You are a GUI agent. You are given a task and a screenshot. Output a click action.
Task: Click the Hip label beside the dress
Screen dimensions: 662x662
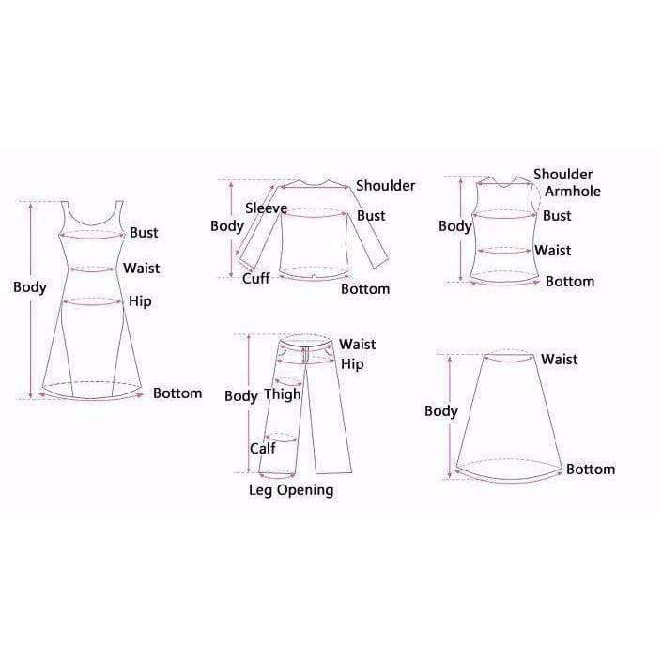point(140,302)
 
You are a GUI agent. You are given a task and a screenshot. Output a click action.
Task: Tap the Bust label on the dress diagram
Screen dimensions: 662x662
point(144,233)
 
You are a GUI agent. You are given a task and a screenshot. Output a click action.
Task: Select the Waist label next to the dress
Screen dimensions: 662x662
point(142,269)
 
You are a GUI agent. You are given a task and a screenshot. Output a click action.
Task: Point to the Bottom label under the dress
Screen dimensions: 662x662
point(177,393)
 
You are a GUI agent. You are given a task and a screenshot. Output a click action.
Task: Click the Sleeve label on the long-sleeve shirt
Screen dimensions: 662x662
point(266,208)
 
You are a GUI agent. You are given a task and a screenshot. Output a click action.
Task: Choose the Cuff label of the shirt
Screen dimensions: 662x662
point(256,279)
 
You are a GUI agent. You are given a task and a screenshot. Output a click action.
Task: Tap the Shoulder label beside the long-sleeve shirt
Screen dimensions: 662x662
point(385,186)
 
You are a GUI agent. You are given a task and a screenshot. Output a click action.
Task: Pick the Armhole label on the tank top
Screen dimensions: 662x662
point(573,192)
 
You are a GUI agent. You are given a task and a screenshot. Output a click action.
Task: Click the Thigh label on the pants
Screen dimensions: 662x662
point(282,394)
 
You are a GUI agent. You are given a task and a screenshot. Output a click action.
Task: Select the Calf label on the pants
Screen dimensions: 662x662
point(262,449)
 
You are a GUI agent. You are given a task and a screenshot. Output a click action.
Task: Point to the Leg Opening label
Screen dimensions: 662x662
point(290,490)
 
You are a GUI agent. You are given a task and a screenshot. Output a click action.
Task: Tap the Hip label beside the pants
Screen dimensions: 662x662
point(352,364)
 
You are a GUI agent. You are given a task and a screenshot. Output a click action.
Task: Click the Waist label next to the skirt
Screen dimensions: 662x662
point(559,360)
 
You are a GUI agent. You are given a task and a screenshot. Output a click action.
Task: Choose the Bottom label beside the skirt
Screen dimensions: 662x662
point(591,470)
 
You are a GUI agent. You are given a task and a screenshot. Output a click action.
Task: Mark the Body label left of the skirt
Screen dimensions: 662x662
point(441,411)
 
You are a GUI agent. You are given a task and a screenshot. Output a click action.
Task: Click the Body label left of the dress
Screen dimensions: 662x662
point(29,287)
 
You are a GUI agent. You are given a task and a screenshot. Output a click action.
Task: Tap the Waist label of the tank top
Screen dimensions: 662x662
point(553,251)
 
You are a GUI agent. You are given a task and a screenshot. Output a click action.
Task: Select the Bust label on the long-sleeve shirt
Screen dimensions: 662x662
point(371,216)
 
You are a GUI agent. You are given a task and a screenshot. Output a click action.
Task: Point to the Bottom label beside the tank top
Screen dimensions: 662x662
point(570,282)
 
